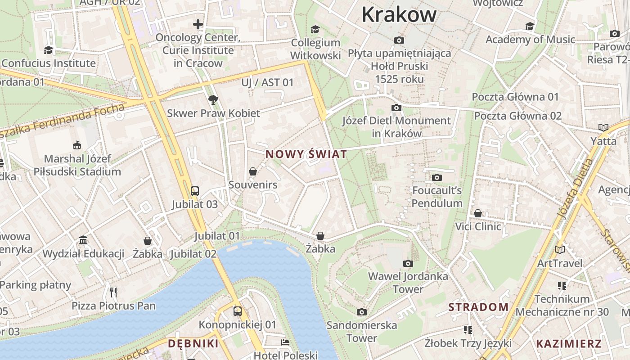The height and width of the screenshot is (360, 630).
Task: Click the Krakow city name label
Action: point(399,14)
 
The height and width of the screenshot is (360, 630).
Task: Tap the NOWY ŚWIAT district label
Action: point(306,154)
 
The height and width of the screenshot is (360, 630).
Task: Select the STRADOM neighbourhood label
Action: point(478,307)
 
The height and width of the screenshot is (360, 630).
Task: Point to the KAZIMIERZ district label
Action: point(569,344)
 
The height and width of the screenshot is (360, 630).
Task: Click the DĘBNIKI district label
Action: point(193,344)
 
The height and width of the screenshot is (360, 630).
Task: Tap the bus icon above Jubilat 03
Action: point(195,191)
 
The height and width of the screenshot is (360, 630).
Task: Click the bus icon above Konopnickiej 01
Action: point(237,311)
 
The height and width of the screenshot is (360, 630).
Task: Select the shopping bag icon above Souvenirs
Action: point(253,171)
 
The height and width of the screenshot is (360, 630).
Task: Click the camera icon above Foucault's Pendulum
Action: point(436,178)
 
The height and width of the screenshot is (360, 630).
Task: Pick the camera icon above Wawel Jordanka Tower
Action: point(408,263)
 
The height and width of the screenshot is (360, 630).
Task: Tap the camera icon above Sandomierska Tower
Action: point(361,312)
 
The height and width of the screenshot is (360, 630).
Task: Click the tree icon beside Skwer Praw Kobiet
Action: point(213,99)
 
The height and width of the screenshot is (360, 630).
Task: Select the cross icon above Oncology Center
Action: point(198,24)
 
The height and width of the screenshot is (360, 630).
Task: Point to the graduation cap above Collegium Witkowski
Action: point(315,29)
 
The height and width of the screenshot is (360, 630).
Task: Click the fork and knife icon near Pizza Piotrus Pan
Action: point(113,292)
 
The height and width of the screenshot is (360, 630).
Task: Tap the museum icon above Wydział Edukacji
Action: point(83,240)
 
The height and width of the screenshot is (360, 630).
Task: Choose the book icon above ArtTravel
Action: point(559,250)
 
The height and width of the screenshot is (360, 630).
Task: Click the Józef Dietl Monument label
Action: point(396,127)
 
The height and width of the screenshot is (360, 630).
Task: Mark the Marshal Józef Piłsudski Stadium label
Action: point(77,165)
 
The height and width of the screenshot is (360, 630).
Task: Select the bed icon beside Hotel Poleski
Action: point(285,342)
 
